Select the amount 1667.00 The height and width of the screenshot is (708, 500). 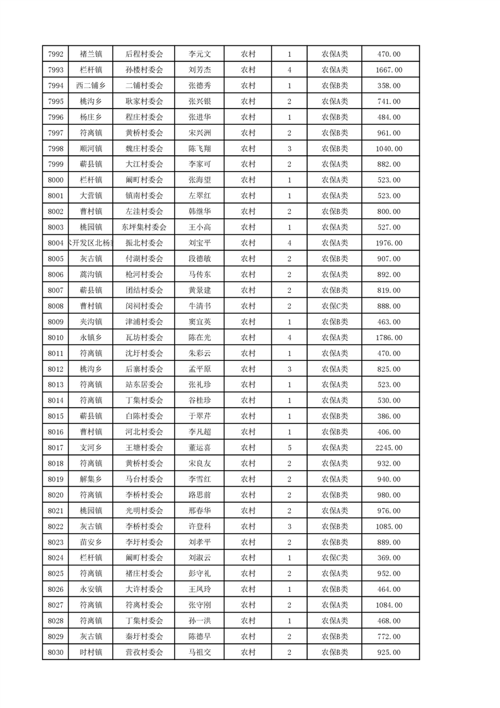[x=388, y=70]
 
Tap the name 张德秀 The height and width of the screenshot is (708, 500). [x=200, y=86]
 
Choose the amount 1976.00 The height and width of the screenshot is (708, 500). [x=388, y=243]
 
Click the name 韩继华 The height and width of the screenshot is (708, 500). [x=200, y=211]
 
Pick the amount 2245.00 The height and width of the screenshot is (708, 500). [x=388, y=447]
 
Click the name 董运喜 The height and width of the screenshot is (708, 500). [x=200, y=447]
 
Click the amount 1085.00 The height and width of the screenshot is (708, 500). [x=388, y=526]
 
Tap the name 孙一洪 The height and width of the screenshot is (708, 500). [x=200, y=621]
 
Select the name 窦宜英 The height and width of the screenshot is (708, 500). [x=200, y=322]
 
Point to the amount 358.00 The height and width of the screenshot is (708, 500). [x=388, y=86]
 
